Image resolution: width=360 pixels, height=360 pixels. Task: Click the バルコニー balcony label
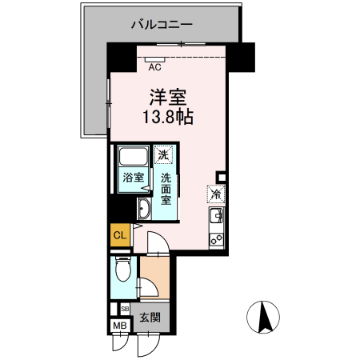point(162,25)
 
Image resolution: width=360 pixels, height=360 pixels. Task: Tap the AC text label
point(155,67)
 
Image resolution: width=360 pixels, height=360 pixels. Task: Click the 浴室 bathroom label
point(133,178)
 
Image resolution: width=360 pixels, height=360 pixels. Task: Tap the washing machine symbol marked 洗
point(163,154)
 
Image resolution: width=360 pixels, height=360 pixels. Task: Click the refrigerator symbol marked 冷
point(216,193)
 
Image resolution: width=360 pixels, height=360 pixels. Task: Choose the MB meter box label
point(119,325)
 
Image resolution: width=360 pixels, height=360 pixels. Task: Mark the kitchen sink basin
point(216,215)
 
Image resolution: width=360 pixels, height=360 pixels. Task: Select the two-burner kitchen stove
point(216,238)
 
